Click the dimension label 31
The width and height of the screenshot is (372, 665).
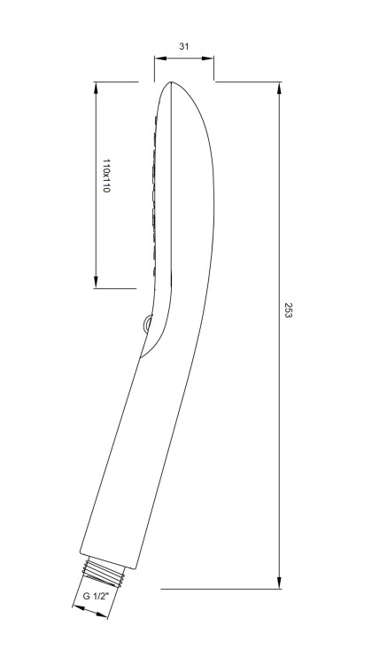183,46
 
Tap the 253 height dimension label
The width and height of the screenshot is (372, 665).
288,310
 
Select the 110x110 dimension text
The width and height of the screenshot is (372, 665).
106,176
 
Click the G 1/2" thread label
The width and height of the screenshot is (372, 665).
96,596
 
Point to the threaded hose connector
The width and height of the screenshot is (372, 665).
105,573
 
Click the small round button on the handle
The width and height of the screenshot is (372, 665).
147,325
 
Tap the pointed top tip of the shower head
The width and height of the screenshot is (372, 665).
171,82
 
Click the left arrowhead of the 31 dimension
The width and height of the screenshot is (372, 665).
159,59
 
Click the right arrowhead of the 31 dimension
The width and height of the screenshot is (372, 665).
207,59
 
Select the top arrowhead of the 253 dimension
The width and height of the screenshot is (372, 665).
279,88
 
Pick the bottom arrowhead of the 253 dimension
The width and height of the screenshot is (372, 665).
279,583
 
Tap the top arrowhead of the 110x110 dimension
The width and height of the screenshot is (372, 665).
96,88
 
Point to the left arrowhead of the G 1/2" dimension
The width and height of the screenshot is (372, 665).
78,608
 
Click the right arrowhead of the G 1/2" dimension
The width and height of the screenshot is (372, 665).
102,615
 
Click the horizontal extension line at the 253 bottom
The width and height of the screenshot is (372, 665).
221,589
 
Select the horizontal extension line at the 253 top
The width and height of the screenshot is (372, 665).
249,82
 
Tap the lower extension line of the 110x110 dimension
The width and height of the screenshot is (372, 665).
115,288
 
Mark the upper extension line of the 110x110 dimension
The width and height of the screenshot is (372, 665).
116,82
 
